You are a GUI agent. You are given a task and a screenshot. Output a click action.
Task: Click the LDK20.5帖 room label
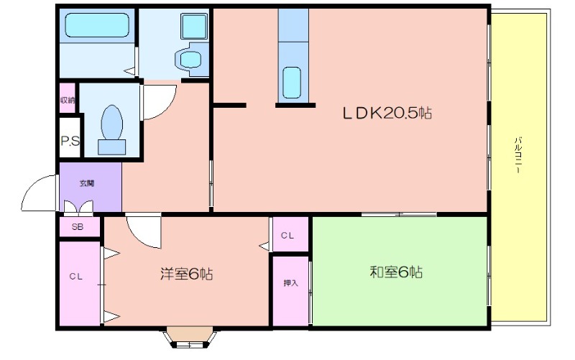tap(387, 113)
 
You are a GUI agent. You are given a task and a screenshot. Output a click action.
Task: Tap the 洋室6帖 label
tap(187, 274)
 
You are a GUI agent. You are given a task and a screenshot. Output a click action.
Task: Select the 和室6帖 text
tap(396, 272)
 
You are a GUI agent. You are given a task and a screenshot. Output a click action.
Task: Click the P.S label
tap(70, 141)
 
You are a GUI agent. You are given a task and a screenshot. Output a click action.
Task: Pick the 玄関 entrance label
tap(87, 183)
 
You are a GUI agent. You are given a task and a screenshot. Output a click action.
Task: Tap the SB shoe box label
tap(78, 227)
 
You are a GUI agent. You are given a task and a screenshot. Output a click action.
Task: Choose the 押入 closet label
tap(291, 283)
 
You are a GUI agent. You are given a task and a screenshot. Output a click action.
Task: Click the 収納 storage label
tap(68, 100)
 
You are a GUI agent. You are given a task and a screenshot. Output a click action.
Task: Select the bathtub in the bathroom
tap(97, 25)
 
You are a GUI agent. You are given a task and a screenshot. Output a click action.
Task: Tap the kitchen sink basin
tap(292, 83)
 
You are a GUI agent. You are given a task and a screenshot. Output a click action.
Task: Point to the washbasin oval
tap(191, 59)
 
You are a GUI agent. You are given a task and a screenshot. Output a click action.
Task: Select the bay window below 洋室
tap(190, 338)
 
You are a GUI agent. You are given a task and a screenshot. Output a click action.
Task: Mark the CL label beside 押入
tap(287, 236)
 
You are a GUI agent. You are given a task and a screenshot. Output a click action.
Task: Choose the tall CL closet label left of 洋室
tap(76, 277)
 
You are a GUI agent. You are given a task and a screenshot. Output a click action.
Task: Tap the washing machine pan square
tap(194, 27)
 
